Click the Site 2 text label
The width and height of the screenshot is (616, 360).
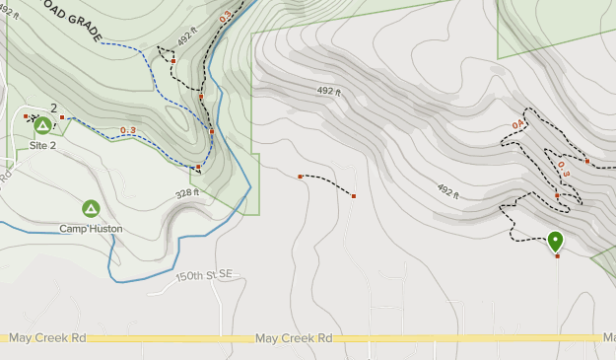click(x=42, y=145)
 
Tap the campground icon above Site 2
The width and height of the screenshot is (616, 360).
click(x=42, y=125)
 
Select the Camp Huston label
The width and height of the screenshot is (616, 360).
click(x=91, y=229)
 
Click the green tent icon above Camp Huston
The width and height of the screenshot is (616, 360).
click(x=91, y=208)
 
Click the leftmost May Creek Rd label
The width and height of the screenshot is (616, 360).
click(x=47, y=338)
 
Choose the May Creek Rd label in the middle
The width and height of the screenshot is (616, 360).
click(x=293, y=338)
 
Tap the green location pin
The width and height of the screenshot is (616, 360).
click(x=556, y=241)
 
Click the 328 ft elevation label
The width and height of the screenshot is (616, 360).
click(x=188, y=193)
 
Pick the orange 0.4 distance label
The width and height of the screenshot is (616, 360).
click(x=518, y=125)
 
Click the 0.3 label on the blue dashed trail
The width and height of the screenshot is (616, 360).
click(x=128, y=130)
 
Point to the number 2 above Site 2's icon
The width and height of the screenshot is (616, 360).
click(x=53, y=108)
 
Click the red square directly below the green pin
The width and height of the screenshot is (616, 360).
click(x=557, y=256)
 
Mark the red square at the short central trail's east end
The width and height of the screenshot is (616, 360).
click(x=353, y=196)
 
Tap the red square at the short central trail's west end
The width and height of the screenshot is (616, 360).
click(x=301, y=177)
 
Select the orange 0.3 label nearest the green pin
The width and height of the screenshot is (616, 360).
click(x=563, y=169)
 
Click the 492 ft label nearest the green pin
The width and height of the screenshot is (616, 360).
click(x=448, y=190)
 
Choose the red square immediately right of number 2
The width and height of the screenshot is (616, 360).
click(x=61, y=117)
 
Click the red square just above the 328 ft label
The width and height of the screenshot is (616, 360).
click(x=198, y=168)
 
